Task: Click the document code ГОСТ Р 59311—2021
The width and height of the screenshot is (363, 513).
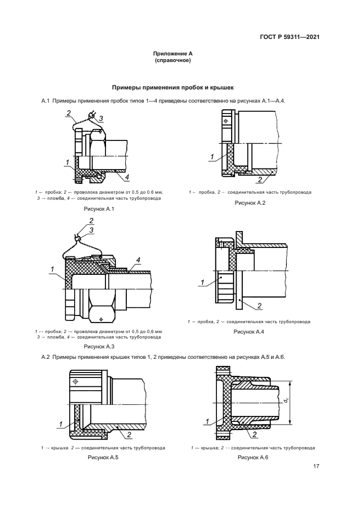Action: (x=289, y=37)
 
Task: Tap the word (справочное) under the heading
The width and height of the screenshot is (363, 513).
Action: (x=173, y=60)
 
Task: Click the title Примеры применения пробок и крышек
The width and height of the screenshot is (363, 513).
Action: (x=173, y=87)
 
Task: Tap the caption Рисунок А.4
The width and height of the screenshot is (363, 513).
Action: (x=249, y=332)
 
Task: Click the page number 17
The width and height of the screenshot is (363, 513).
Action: (x=316, y=467)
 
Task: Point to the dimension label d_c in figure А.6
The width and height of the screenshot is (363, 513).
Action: (x=287, y=401)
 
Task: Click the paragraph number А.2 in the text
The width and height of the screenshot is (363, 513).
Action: (x=46, y=358)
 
